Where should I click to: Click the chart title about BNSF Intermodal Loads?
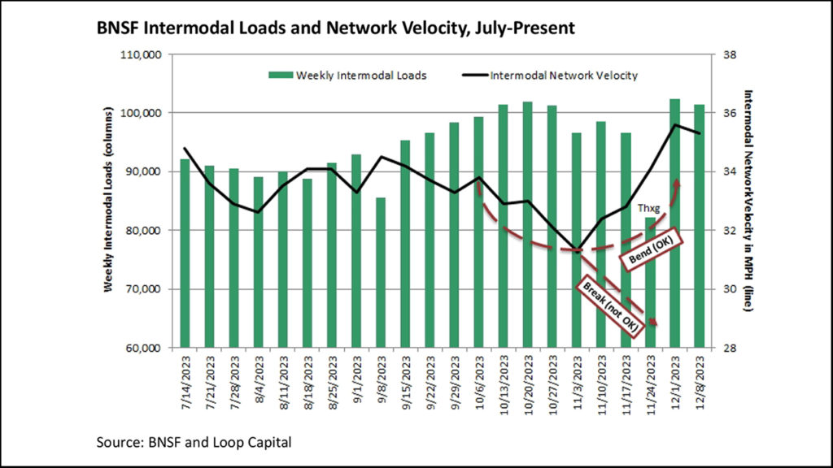(336, 28)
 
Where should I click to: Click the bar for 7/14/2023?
(185, 253)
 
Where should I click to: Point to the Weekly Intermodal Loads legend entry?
(348, 76)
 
